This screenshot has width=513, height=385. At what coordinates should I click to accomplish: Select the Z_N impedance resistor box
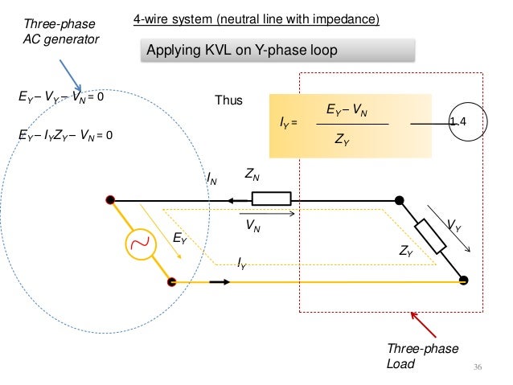271,199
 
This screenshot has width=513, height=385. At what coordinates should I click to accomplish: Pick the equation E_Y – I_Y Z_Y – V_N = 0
66,136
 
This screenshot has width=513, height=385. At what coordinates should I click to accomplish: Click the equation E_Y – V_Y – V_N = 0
62,99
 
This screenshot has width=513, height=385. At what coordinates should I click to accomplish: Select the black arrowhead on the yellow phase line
220,281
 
